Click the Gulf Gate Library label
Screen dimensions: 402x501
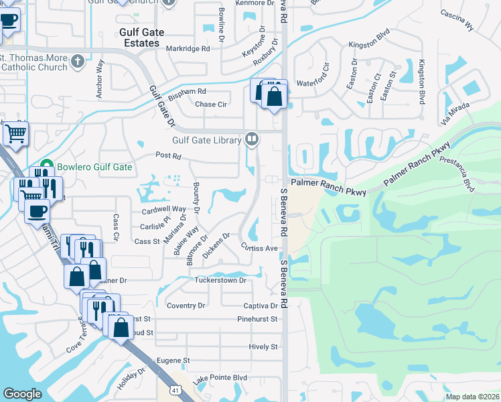pyautogui.click(x=206, y=140)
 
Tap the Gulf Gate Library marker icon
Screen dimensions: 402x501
pyautogui.click(x=252, y=139)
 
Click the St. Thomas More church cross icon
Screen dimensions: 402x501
pyautogui.click(x=78, y=62)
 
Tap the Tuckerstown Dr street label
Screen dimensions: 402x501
pyautogui.click(x=221, y=281)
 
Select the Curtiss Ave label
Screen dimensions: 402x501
pyautogui.click(x=260, y=247)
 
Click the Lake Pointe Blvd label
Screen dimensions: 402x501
pyautogui.click(x=220, y=379)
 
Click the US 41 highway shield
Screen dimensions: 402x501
pyautogui.click(x=174, y=389)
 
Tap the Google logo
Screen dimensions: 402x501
pyautogui.click(x=23, y=394)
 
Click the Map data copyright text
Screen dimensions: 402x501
pyautogui.click(x=473, y=397)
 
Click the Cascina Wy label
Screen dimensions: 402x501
pyautogui.click(x=457, y=20)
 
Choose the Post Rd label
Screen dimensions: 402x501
pyautogui.click(x=168, y=156)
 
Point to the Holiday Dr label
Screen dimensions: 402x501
pyautogui.click(x=131, y=380)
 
